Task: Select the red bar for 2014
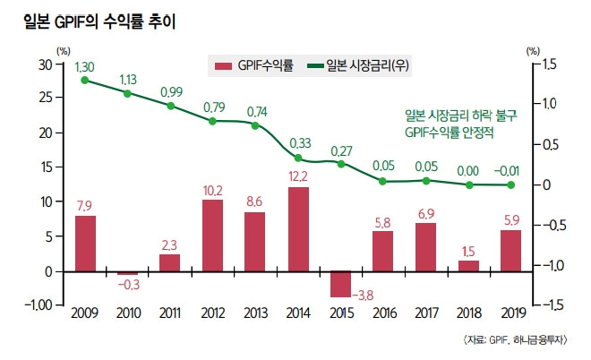point(298,229)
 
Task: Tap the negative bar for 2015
point(340,284)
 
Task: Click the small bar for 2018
point(468,266)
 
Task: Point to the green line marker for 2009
point(84,81)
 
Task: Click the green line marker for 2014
point(298,159)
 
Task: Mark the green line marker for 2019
point(510,185)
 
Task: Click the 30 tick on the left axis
point(46,64)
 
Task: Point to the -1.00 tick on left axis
point(38,305)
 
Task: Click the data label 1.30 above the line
point(85,67)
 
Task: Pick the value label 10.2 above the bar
point(213,191)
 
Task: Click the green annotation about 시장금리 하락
point(449,124)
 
